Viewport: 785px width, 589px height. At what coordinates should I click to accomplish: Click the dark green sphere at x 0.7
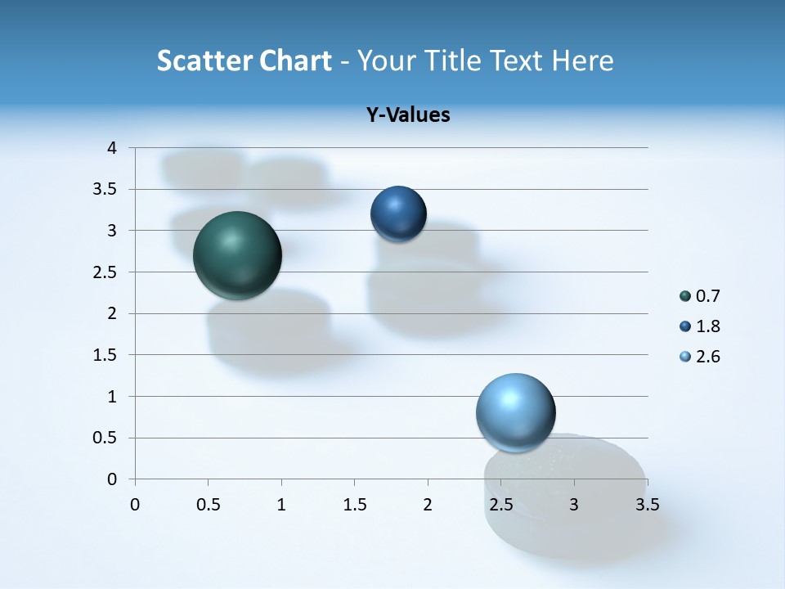237,254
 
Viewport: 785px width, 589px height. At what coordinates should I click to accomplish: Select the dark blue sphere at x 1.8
398,214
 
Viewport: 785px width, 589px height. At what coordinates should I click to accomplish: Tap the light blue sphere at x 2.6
515,412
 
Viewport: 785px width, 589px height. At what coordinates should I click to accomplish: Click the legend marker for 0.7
685,296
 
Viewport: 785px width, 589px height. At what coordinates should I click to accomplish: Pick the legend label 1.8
707,326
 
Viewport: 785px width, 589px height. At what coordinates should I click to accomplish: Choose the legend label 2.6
707,357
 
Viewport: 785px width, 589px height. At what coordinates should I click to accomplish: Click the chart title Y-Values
408,115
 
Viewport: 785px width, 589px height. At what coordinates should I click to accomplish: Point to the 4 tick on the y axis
113,148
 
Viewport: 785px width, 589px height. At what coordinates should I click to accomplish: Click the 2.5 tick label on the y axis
106,272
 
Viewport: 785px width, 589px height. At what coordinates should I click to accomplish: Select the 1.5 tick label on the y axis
106,355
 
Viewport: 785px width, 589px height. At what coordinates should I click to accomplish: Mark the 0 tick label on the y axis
113,479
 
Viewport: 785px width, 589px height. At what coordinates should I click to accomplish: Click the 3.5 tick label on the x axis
647,505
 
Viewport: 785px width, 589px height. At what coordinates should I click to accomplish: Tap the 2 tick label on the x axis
428,505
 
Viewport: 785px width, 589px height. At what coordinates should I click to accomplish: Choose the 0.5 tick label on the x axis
209,505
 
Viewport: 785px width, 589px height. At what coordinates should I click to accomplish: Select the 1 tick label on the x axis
281,505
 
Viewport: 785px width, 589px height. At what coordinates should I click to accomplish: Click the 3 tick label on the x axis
574,505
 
